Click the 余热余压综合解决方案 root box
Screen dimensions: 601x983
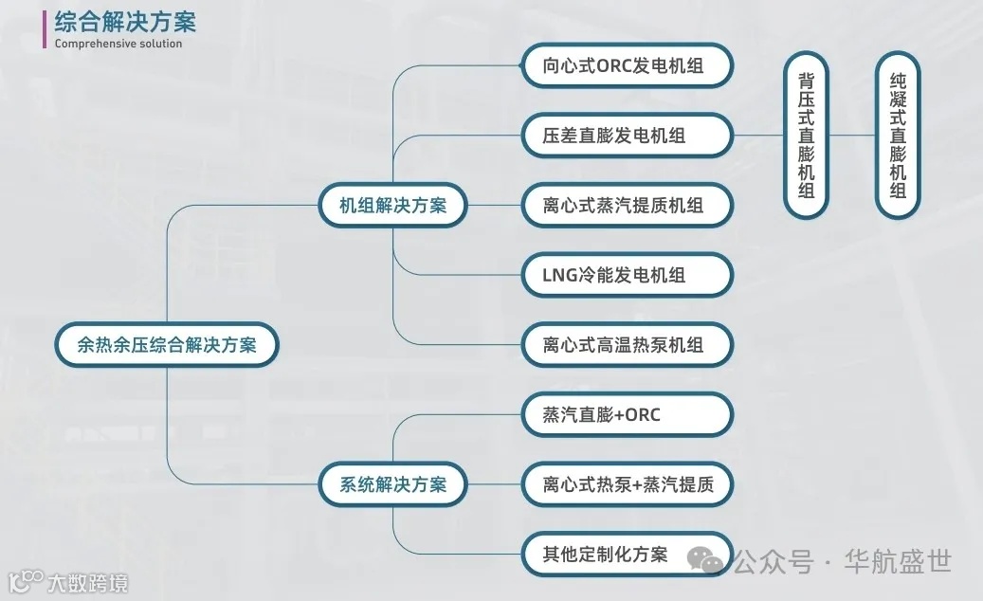167,345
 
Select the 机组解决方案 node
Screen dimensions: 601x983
392,205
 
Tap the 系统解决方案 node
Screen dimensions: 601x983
392,484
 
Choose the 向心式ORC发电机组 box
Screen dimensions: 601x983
627,66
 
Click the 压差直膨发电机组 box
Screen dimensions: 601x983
627,136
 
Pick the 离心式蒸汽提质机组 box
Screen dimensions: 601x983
627,205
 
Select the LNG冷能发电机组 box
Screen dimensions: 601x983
627,275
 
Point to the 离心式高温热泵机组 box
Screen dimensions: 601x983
627,345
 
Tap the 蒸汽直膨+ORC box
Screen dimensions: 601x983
627,415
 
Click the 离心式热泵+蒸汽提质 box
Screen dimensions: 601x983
627,484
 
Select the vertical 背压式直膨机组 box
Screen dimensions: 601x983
807,136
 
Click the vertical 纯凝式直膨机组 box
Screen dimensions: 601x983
897,136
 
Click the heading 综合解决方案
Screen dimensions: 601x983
125,22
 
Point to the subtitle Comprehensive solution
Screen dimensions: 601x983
118,44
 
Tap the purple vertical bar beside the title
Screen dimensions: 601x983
46,29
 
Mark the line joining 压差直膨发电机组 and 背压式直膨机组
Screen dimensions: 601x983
758,136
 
